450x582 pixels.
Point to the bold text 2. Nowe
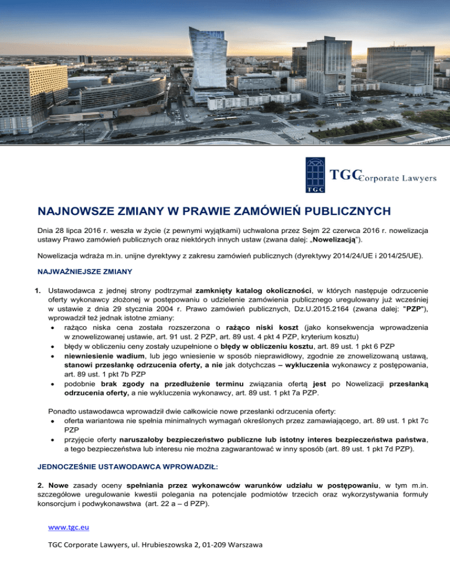[x=48, y=468]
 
